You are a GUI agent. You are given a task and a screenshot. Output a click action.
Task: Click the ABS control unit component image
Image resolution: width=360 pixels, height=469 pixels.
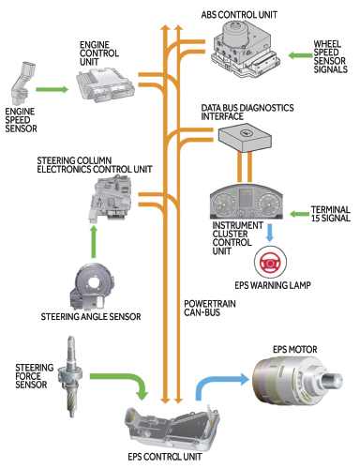click(246, 50)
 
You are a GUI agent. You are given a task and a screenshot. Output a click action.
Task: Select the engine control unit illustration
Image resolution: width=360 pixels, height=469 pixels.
click(106, 85)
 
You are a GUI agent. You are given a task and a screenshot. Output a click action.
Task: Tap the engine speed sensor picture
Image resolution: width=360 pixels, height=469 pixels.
click(22, 83)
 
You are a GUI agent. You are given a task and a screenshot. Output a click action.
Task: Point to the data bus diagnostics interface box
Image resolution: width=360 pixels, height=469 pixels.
click(245, 137)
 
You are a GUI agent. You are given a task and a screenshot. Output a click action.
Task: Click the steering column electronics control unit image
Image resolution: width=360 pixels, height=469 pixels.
click(111, 198)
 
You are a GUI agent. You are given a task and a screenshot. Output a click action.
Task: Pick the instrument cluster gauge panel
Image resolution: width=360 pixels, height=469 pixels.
click(246, 202)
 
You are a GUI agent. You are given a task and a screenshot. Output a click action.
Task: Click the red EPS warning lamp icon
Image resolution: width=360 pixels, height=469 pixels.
click(270, 262)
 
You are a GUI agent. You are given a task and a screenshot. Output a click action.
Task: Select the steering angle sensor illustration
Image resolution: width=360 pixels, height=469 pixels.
click(92, 286)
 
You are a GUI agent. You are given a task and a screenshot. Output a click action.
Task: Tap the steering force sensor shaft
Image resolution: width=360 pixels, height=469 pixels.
click(71, 376)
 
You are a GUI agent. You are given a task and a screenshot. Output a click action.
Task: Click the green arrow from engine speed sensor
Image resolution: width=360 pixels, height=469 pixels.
click(52, 89)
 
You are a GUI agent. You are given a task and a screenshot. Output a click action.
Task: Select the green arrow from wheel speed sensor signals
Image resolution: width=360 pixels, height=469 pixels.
click(300, 55)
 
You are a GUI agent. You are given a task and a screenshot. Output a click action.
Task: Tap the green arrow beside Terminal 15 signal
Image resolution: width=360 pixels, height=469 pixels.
click(299, 214)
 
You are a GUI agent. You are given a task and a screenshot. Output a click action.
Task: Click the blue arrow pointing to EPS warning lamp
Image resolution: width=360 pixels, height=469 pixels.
click(270, 233)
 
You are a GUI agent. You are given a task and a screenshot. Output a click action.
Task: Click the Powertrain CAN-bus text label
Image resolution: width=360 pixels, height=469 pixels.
click(210, 308)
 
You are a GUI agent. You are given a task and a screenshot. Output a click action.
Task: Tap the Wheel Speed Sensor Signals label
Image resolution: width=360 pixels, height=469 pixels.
click(330, 56)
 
